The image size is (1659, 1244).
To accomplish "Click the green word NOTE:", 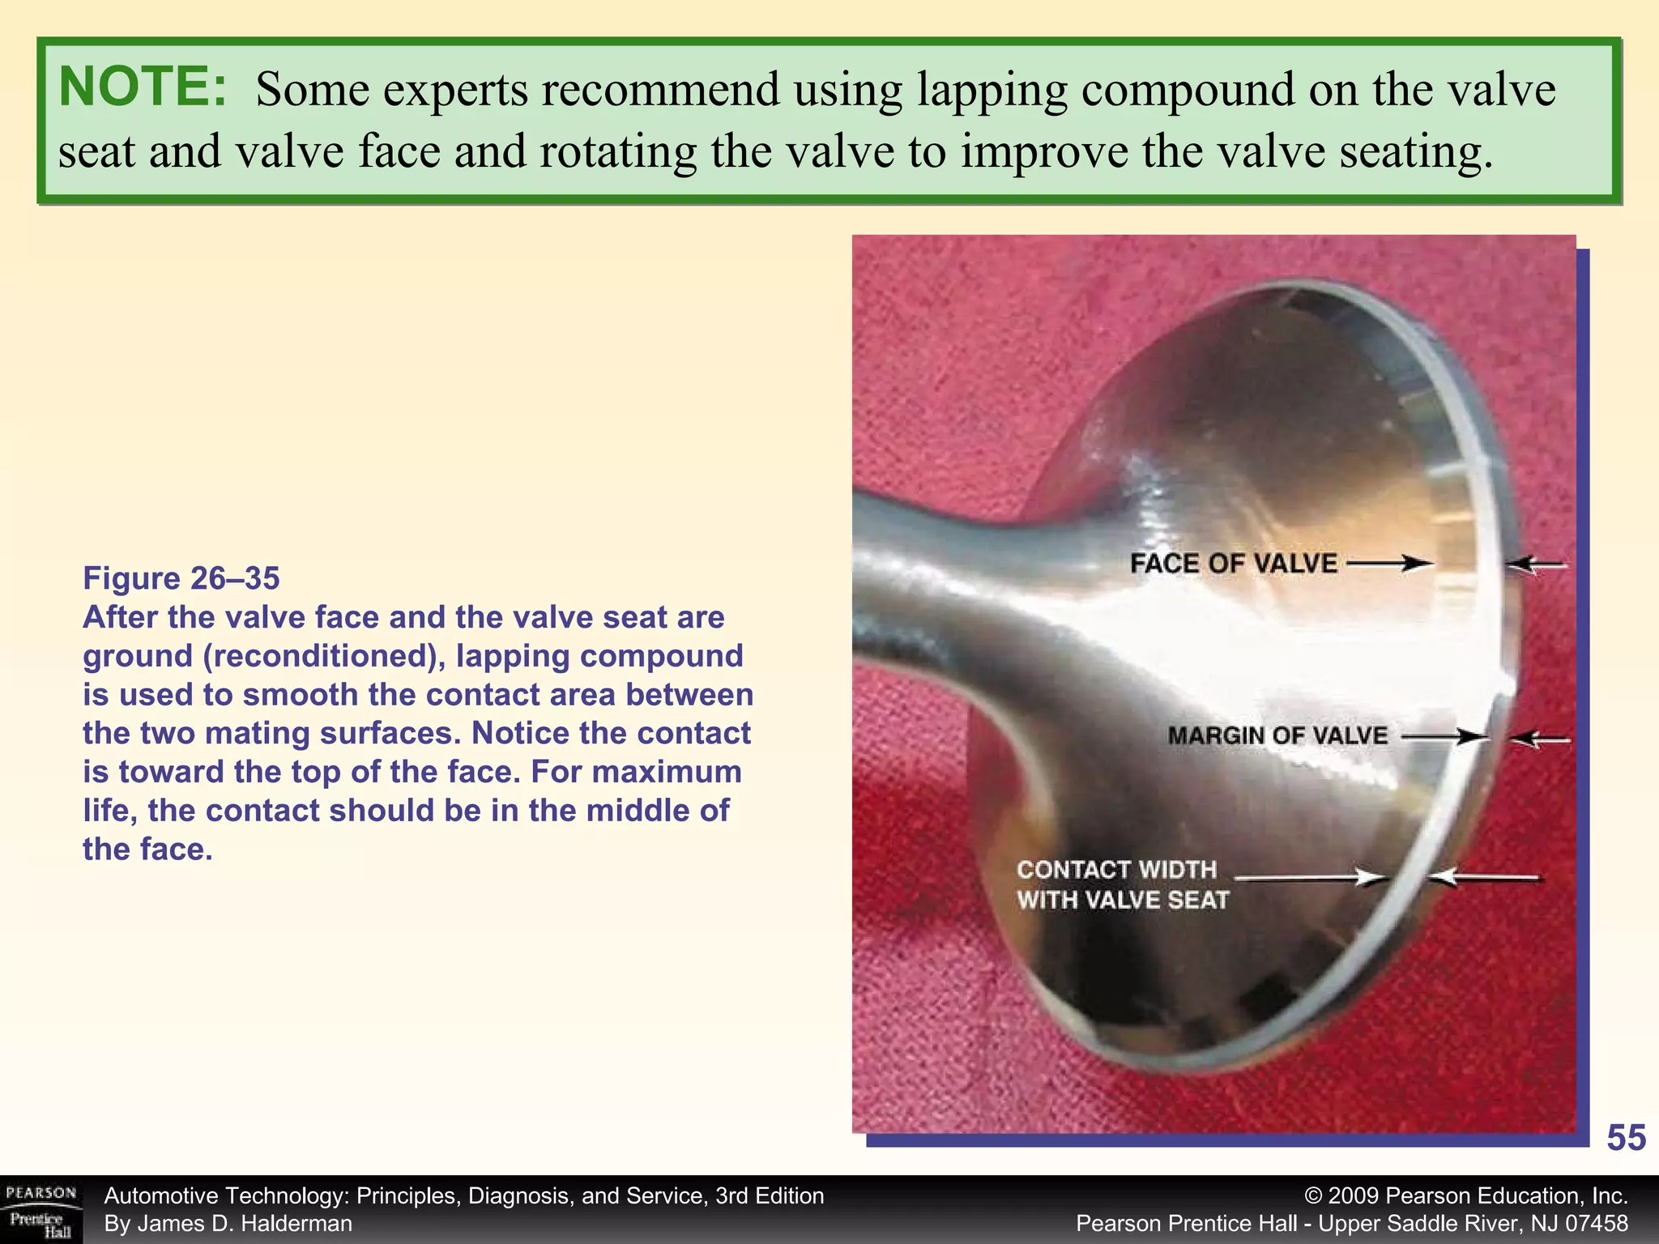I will point(143,87).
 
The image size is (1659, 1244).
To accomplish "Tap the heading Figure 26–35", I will point(181,578).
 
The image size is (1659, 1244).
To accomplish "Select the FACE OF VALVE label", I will point(1233,564).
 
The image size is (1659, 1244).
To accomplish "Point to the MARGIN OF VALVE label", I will point(1277,735).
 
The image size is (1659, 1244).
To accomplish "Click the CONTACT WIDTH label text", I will point(1116,870).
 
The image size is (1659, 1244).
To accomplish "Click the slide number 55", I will point(1626,1138).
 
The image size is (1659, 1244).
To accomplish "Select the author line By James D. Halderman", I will point(228,1224).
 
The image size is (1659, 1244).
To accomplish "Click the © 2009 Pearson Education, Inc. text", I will point(1466,1196).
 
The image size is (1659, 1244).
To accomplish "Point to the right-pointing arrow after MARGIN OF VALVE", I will point(1444,737).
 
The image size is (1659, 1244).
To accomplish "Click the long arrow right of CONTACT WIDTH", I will point(1311,877).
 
